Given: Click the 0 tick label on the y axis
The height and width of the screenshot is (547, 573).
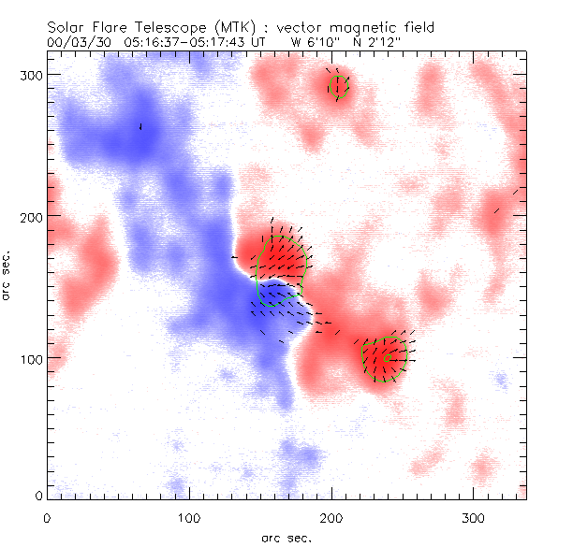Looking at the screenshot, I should (37, 495).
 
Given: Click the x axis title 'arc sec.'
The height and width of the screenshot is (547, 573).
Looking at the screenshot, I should (286, 538).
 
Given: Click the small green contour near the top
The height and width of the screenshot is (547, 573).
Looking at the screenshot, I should (338, 86).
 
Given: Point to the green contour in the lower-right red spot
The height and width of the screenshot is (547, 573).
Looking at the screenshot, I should (386, 357).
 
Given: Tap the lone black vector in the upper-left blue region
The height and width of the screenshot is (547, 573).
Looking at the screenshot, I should (140, 126).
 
